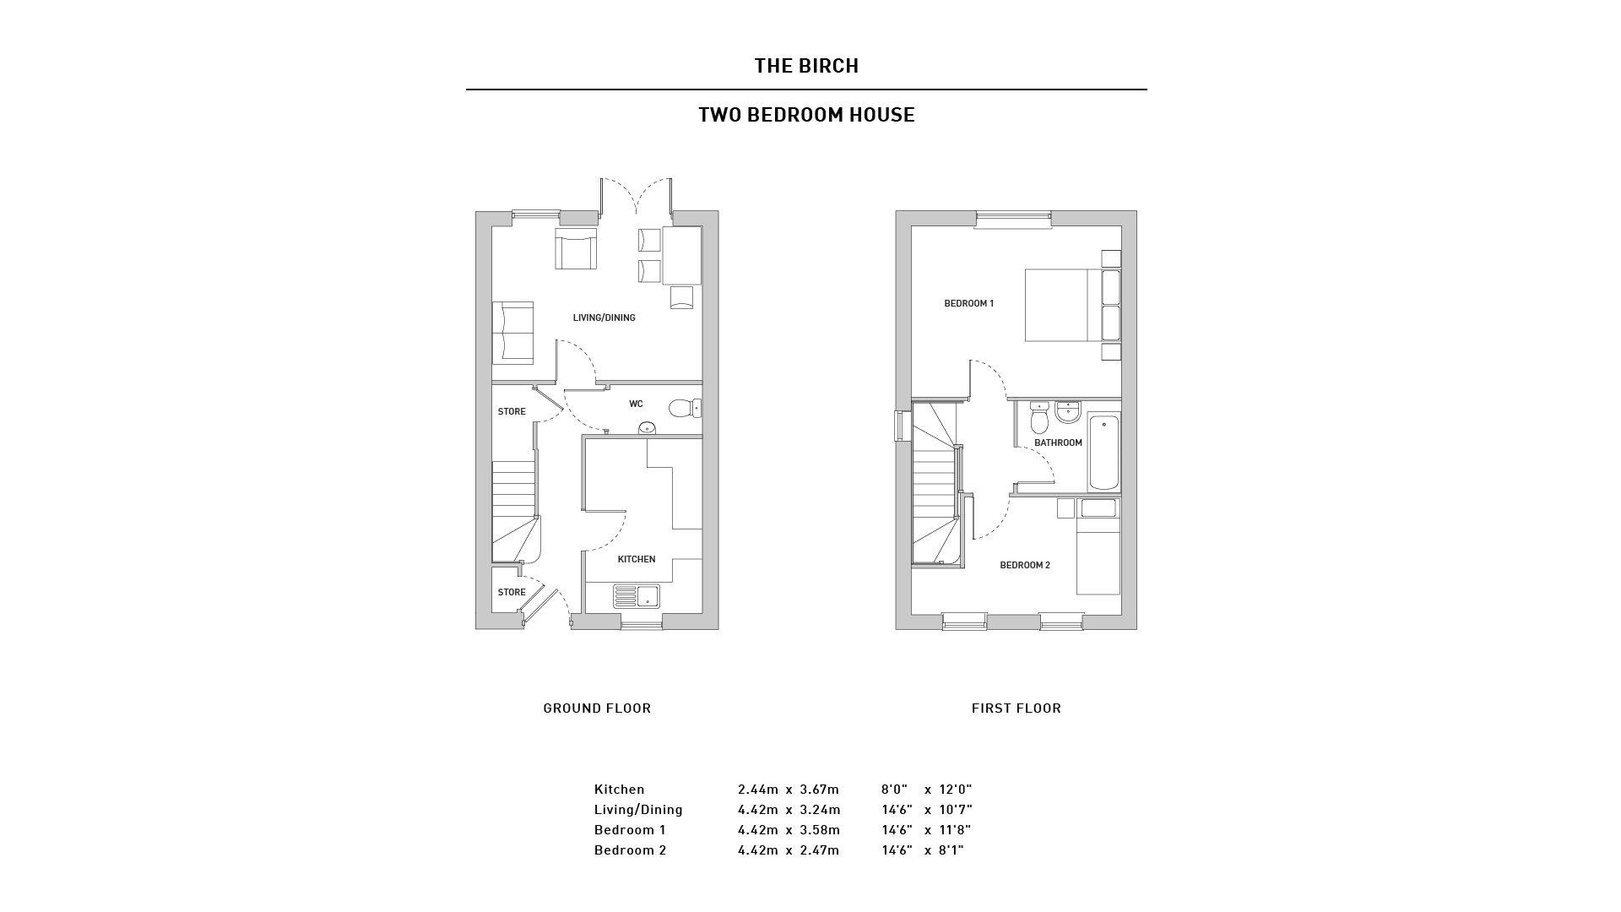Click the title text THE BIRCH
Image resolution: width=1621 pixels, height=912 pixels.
(x=806, y=66)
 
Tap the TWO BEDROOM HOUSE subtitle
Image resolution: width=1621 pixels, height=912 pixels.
(x=806, y=115)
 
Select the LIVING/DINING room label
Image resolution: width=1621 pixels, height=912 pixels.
(x=604, y=318)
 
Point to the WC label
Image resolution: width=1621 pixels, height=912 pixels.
(x=636, y=404)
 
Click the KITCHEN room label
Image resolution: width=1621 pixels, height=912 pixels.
(x=637, y=559)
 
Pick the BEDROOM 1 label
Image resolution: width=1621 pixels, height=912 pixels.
(x=968, y=304)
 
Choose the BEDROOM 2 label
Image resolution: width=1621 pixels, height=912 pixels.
(x=1025, y=566)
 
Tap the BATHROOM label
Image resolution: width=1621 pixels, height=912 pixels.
(x=1058, y=443)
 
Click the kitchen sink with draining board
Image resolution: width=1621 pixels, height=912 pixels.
(x=637, y=597)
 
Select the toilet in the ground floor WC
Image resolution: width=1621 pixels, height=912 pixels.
(x=685, y=409)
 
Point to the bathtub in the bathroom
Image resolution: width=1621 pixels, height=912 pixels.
(x=1103, y=453)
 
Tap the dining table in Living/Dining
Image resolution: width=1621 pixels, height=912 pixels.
(x=682, y=255)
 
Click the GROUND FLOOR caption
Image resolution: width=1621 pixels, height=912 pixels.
(x=597, y=708)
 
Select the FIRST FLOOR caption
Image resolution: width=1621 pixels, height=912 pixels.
(x=1016, y=708)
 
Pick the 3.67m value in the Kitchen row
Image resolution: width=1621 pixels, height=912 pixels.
(x=819, y=790)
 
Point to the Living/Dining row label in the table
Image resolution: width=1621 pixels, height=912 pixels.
(x=638, y=810)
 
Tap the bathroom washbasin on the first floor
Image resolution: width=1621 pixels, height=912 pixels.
(x=1068, y=411)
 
